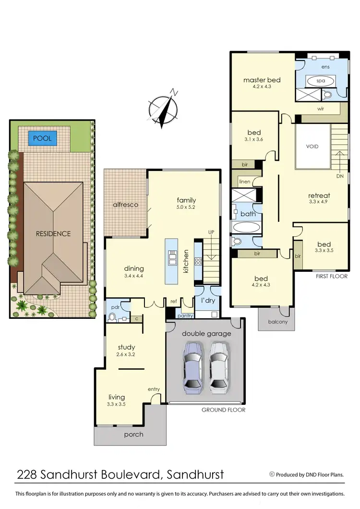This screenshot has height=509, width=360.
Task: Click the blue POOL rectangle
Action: coord(42,139)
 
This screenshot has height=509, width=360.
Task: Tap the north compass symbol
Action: coord(164,108)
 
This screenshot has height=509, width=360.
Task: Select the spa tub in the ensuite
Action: coord(320,81)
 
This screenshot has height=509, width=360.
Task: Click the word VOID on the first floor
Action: coord(312,146)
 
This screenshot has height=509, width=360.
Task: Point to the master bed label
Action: coord(262,80)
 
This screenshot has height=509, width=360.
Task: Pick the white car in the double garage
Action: coord(218,367)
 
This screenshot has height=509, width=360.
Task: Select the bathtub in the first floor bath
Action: coord(246,227)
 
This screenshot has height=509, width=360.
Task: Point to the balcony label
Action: coord(277,322)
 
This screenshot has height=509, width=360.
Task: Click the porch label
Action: coord(133,434)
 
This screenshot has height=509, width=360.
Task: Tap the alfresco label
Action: coord(126,205)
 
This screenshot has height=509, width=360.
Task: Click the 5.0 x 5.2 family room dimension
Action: coord(186,207)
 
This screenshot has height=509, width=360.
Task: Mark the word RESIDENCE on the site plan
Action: coord(53,234)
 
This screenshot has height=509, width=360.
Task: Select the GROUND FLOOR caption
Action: coord(223,410)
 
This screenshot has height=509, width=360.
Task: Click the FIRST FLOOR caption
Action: coord(331,277)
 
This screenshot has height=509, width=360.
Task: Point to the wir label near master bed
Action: coord(321,109)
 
